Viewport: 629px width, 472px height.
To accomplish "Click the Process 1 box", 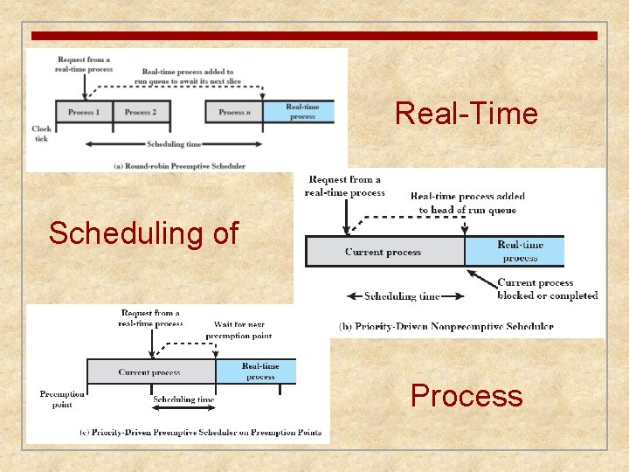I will (x=85, y=112).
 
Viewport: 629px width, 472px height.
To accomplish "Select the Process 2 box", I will (x=142, y=112).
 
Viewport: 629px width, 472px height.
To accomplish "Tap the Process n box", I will (x=234, y=112).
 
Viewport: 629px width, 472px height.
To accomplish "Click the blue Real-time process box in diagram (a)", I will (x=302, y=112).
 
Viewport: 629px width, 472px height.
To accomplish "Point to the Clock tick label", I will (x=41, y=133).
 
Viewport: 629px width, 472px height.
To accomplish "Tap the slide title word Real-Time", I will (x=466, y=114).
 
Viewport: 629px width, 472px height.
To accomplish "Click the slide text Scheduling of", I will (x=143, y=233).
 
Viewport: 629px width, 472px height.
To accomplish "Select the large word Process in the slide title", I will (x=467, y=396).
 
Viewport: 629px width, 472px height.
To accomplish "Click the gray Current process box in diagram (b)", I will (x=384, y=252).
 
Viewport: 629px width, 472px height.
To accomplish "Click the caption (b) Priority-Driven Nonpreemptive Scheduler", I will (x=446, y=327).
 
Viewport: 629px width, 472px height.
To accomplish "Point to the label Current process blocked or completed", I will (x=547, y=289).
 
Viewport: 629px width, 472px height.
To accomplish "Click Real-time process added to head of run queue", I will (x=467, y=203).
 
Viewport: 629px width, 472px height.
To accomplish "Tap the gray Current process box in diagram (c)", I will (x=150, y=371).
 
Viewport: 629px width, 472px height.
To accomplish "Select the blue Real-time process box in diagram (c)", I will (x=259, y=371).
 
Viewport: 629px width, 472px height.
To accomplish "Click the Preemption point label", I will (x=61, y=399).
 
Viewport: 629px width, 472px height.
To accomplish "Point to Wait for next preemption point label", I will (x=238, y=330).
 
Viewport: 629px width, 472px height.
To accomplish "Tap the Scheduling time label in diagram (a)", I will (x=175, y=144).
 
